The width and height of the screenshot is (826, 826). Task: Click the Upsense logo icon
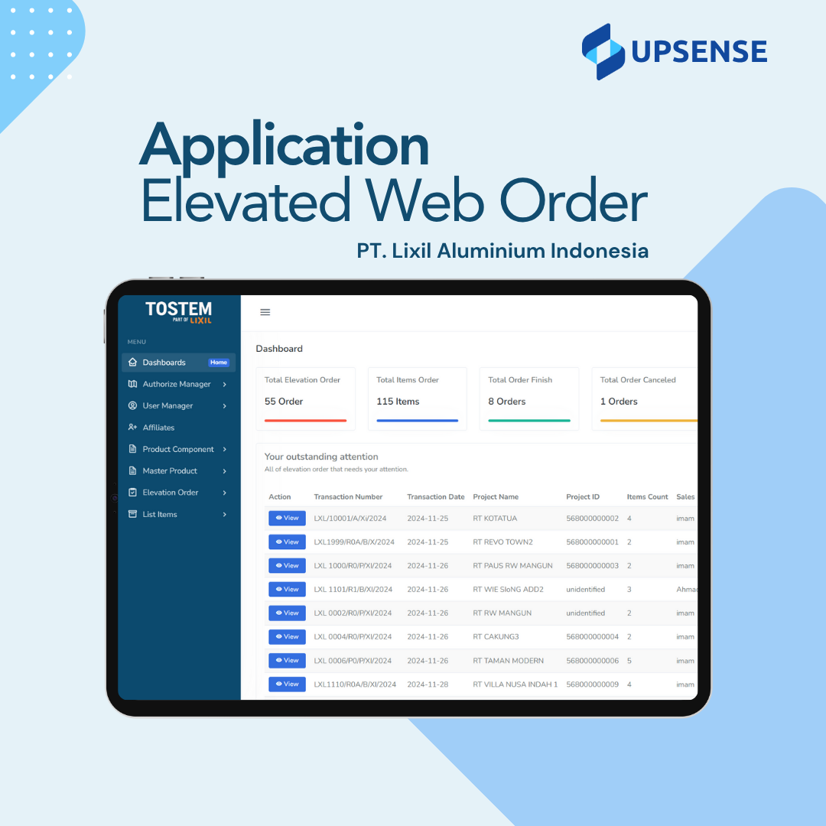[603, 52]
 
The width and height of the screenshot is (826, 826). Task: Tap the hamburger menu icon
[265, 312]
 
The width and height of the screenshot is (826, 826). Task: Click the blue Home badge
[219, 363]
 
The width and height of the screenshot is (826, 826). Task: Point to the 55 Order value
[284, 402]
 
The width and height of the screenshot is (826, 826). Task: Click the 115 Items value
[398, 402]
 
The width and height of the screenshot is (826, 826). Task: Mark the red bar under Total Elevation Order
[305, 421]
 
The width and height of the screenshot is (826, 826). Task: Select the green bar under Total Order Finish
[529, 421]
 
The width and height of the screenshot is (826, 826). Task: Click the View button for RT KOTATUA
[287, 519]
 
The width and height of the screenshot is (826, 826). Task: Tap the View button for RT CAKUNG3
[287, 637]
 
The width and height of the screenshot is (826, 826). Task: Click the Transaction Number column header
[348, 497]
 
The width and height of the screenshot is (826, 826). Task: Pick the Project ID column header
[583, 497]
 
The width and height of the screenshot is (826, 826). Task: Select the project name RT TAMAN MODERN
[508, 661]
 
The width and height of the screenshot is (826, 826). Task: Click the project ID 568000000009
[592, 685]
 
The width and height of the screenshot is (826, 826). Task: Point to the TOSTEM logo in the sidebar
[178, 312]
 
